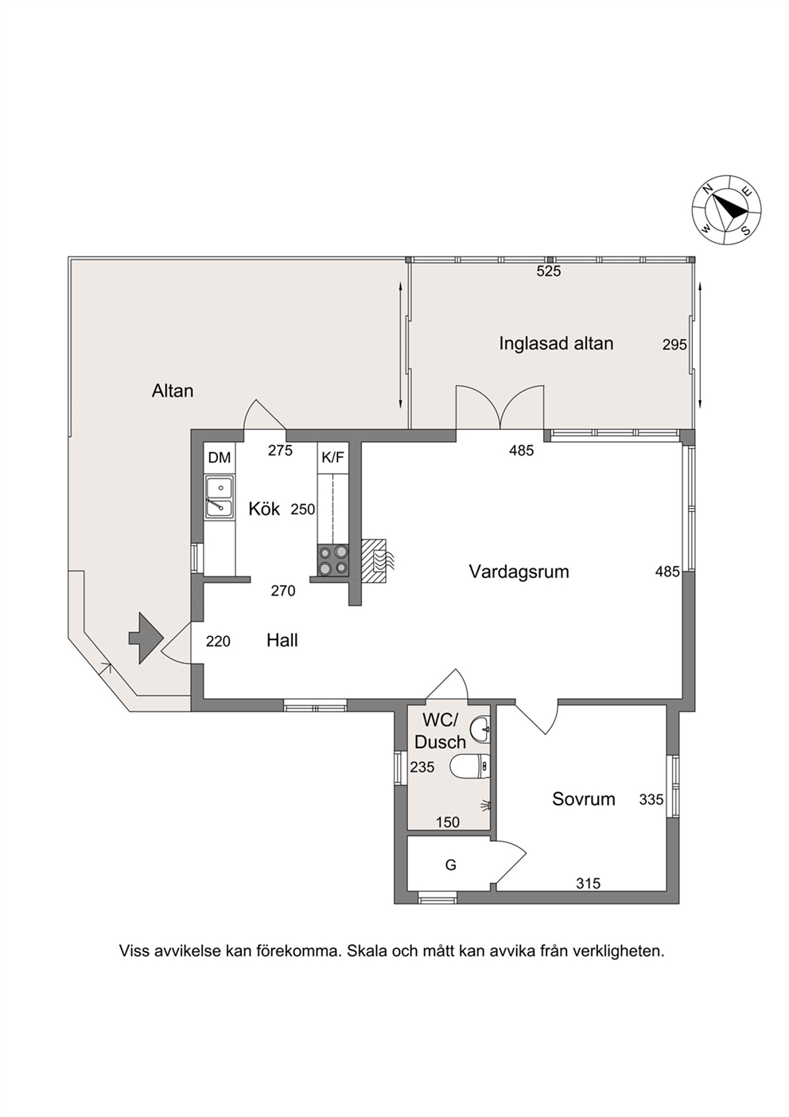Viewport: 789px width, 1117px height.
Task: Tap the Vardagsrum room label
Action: tap(519, 572)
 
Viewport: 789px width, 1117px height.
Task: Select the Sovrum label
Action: tap(583, 799)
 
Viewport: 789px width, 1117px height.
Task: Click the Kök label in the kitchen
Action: tap(264, 509)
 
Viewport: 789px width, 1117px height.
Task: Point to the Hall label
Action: tap(282, 640)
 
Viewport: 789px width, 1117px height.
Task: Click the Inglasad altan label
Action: tap(556, 344)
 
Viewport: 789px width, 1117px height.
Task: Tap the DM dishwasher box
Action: tap(220, 458)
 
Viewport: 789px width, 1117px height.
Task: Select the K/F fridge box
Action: tap(332, 458)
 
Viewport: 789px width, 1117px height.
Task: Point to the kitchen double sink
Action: tap(220, 496)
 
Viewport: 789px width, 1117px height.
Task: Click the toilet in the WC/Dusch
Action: tap(470, 766)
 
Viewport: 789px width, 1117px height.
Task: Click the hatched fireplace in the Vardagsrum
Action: tap(374, 561)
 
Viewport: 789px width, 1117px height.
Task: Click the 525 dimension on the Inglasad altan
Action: tap(549, 271)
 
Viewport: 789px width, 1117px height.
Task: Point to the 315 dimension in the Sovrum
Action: tap(589, 884)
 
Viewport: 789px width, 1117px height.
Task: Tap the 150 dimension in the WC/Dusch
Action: tap(448, 822)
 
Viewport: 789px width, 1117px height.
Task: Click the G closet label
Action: tap(450, 865)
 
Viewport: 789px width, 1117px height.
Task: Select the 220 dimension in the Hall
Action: tap(218, 641)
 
